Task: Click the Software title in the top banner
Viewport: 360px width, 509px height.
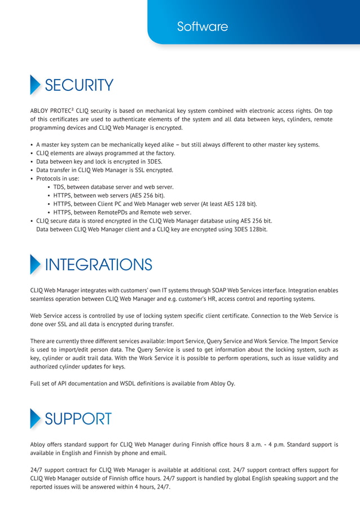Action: pyautogui.click(x=202, y=27)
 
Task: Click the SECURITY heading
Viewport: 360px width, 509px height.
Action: pyautogui.click(x=79, y=85)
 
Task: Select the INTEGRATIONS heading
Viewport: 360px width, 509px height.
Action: pyautogui.click(x=98, y=264)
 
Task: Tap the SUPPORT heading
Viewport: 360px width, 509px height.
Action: pyautogui.click(x=78, y=419)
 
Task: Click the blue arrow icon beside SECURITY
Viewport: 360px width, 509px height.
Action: pyautogui.click(x=35, y=85)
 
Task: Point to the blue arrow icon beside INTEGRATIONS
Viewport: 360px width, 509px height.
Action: pyautogui.click(x=35, y=264)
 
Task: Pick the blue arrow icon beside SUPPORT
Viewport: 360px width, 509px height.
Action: pyautogui.click(x=35, y=419)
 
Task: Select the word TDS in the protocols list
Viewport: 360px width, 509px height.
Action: pyautogui.click(x=59, y=187)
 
